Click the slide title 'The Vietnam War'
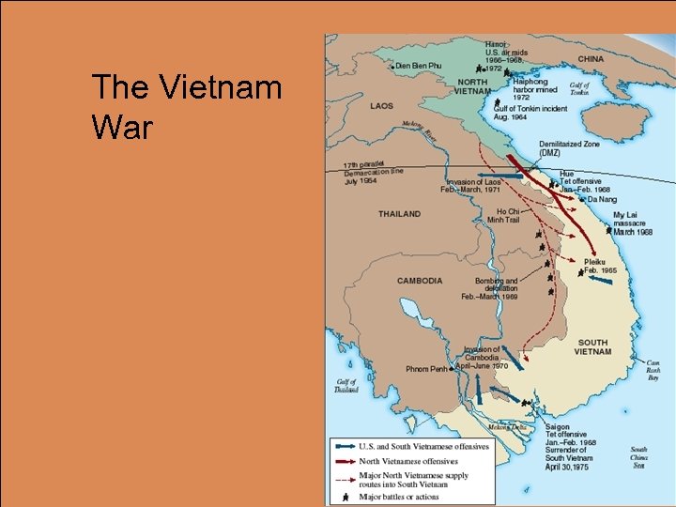[x=186, y=108]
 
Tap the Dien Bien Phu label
[x=418, y=65]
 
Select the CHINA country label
[x=591, y=58]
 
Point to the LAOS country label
[x=381, y=106]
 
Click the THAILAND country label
[x=399, y=214]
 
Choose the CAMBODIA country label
[x=420, y=281]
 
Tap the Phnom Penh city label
[x=430, y=369]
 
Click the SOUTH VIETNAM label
[x=592, y=347]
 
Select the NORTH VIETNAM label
[x=472, y=86]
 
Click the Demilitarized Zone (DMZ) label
[x=568, y=148]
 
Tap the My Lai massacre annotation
[x=632, y=223]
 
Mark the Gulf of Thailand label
[x=346, y=386]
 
